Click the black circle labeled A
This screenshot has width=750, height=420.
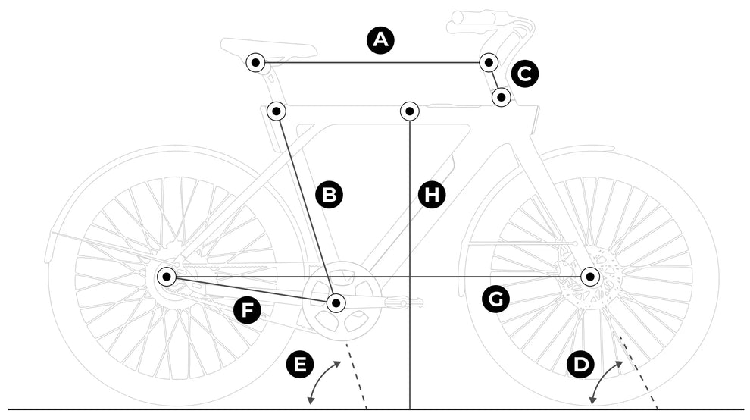tap(380, 40)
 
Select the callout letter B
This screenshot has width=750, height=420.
tap(329, 195)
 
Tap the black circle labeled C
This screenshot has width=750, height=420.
tap(525, 74)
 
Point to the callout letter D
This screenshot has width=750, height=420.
tap(581, 365)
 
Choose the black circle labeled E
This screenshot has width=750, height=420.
tap(300, 365)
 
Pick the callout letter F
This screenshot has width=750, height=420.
tap(247, 310)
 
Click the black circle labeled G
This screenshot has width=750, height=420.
tap(496, 299)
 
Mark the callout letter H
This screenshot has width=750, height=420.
tap(432, 195)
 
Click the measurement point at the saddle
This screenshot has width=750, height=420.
tap(256, 62)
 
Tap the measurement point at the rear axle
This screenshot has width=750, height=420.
tap(167, 277)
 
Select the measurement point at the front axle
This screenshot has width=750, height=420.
tap(590, 277)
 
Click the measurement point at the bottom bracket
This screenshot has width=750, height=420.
tap(336, 303)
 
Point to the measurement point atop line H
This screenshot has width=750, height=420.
tap(410, 111)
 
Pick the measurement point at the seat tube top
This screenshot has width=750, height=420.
tap(277, 111)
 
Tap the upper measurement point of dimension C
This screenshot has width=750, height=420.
tap(489, 62)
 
